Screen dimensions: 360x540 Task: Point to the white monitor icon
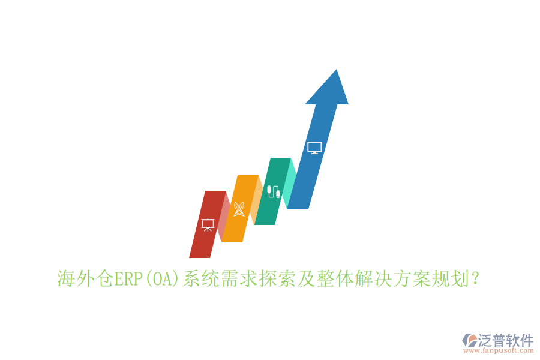pos(314,147)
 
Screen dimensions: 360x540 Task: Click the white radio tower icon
pos(239,209)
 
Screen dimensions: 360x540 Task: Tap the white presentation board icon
pos(208,225)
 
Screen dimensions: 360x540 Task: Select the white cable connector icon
pos(274,191)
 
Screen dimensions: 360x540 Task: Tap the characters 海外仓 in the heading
pos(85,279)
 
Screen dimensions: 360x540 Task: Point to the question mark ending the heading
pos(475,279)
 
